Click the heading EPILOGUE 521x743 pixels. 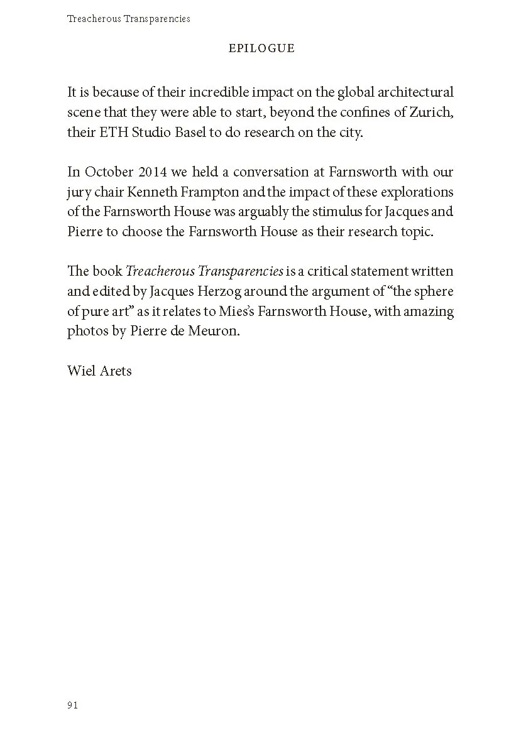click(261, 48)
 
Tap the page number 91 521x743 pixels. click(72, 705)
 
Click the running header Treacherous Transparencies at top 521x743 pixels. click(128, 19)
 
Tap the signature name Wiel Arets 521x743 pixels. click(99, 371)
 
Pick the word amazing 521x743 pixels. click(431, 312)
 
